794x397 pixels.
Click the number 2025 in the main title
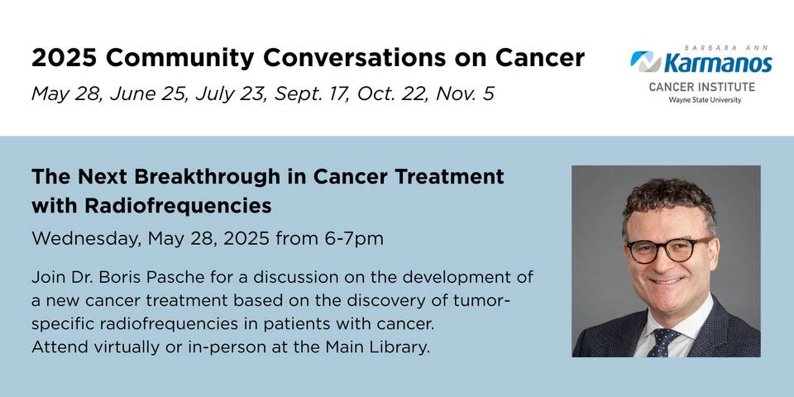[x=64, y=58]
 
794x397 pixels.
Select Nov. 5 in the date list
[x=465, y=93]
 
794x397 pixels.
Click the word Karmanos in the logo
[x=718, y=64]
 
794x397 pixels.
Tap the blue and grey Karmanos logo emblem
[x=646, y=61]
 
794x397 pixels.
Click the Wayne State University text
[x=705, y=100]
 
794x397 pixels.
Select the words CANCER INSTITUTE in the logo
[x=702, y=87]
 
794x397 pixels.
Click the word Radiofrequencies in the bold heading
[x=179, y=206]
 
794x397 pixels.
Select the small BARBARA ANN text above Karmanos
[x=726, y=48]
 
